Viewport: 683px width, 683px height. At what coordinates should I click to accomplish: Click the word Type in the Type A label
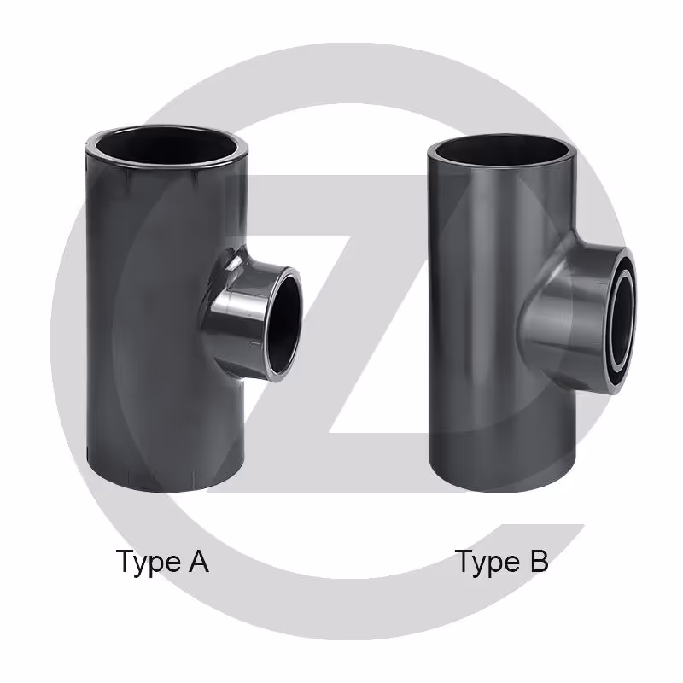(x=148, y=563)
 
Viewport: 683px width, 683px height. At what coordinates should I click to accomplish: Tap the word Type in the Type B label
(x=487, y=563)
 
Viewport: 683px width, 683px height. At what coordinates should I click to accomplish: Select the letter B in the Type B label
(x=539, y=561)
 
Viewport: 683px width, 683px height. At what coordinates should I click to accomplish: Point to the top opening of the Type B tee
(x=502, y=151)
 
